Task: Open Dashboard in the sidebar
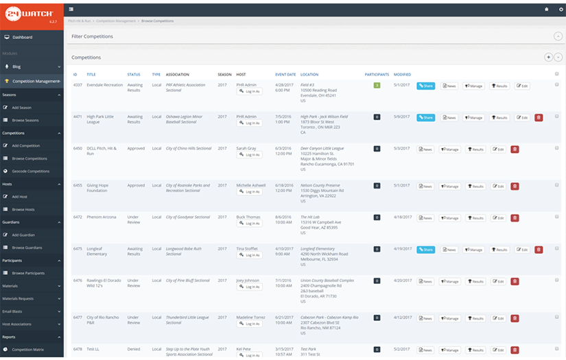22,37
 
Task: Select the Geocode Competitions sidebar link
30,171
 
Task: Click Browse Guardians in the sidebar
27,248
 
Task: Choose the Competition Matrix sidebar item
28,349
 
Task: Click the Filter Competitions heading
93,36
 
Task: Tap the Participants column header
377,74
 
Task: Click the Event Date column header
285,74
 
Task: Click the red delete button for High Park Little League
539,117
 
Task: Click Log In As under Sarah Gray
250,155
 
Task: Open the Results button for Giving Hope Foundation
475,186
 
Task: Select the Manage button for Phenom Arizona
450,218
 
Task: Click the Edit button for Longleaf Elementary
522,250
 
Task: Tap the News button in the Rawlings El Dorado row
425,281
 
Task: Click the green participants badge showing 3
377,85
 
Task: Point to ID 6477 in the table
78,317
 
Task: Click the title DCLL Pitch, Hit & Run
101,150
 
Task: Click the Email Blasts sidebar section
12,311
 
